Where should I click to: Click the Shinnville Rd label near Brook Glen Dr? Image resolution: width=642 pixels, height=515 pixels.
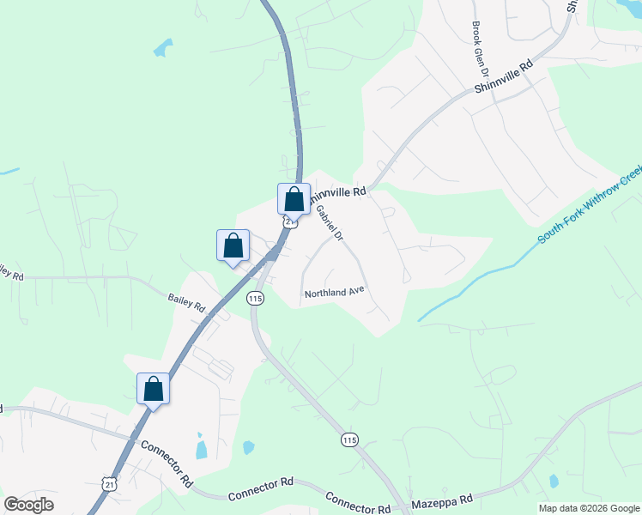click(x=504, y=76)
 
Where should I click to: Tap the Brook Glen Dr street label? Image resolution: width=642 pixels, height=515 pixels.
click(x=477, y=50)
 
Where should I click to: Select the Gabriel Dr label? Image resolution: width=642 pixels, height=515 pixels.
click(x=329, y=222)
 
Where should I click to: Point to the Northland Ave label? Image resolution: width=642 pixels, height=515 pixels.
click(x=335, y=293)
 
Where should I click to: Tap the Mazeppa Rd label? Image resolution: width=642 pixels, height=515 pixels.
click(x=442, y=499)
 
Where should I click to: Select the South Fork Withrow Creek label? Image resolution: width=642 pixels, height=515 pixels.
click(x=590, y=206)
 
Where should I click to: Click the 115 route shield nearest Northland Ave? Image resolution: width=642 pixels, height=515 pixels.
click(x=254, y=298)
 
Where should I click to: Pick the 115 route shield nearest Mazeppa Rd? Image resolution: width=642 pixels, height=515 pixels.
click(x=348, y=439)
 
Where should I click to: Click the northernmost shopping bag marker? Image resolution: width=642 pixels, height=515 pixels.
click(x=294, y=199)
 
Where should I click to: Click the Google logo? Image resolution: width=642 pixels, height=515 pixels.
click(x=28, y=505)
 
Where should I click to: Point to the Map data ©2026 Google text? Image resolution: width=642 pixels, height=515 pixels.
click(x=588, y=508)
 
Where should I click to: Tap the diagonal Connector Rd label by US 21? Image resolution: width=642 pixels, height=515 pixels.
click(x=165, y=463)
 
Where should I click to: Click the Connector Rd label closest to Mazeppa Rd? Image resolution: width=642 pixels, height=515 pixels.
click(x=358, y=502)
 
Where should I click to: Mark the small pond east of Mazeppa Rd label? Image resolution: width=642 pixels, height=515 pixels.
click(x=554, y=482)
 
